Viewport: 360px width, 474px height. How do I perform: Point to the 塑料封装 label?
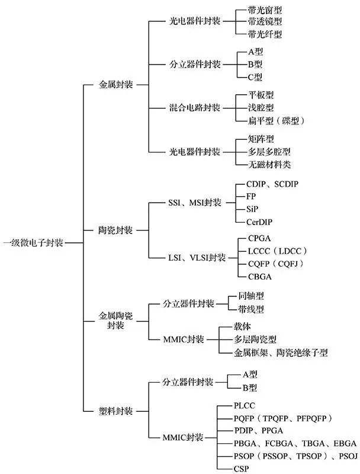click(x=115, y=411)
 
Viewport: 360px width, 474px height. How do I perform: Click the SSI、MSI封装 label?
click(x=194, y=203)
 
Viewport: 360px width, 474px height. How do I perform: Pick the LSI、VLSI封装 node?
click(x=196, y=257)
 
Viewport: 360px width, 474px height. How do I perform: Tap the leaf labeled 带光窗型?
click(x=265, y=11)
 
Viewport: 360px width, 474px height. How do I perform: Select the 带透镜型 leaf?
click(x=265, y=23)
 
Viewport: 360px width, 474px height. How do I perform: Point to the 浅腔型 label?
click(x=261, y=108)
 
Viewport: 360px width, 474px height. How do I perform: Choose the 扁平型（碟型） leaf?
click(x=276, y=121)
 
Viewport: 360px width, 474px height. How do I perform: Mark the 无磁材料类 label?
click(x=269, y=164)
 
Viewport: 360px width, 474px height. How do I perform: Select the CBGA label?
click(x=260, y=276)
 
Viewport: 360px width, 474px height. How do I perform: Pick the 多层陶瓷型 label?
click(x=255, y=340)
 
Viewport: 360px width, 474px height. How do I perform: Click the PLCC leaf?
click(x=246, y=406)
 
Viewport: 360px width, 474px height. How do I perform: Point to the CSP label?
click(x=242, y=469)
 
